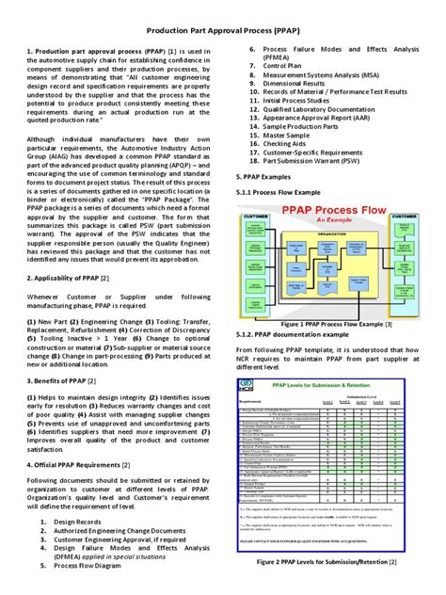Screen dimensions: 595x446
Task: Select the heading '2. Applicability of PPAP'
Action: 78,306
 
